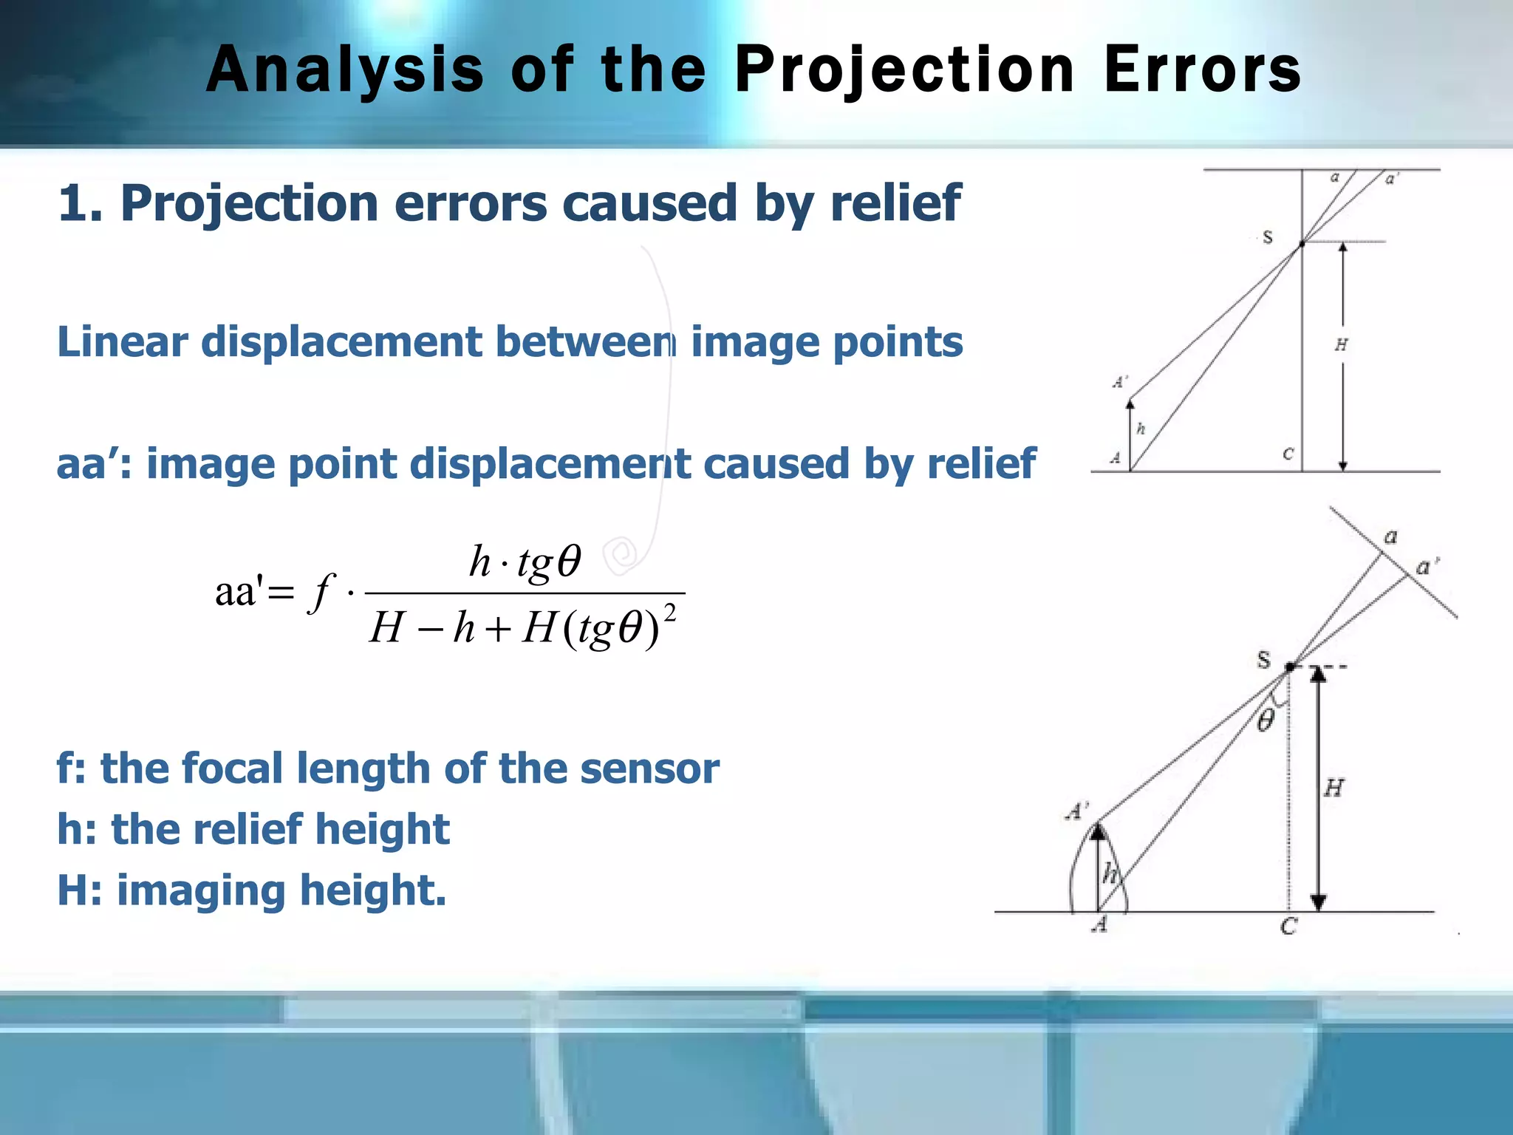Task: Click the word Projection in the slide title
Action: click(x=904, y=70)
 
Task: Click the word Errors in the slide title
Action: click(x=1202, y=70)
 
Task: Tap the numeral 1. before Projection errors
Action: click(x=79, y=203)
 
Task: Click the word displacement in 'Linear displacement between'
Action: click(x=341, y=342)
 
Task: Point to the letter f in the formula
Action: click(x=322, y=591)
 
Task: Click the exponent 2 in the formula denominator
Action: click(x=670, y=613)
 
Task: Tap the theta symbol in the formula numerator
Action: click(x=569, y=562)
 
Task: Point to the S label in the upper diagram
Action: click(x=1268, y=238)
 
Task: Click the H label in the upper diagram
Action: click(x=1341, y=344)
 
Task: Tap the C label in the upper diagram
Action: click(x=1288, y=454)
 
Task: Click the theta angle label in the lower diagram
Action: click(x=1266, y=720)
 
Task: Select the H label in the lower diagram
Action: click(x=1333, y=788)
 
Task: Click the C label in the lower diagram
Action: click(x=1288, y=927)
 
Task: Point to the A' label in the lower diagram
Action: click(x=1076, y=811)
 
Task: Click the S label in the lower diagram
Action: click(x=1264, y=659)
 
